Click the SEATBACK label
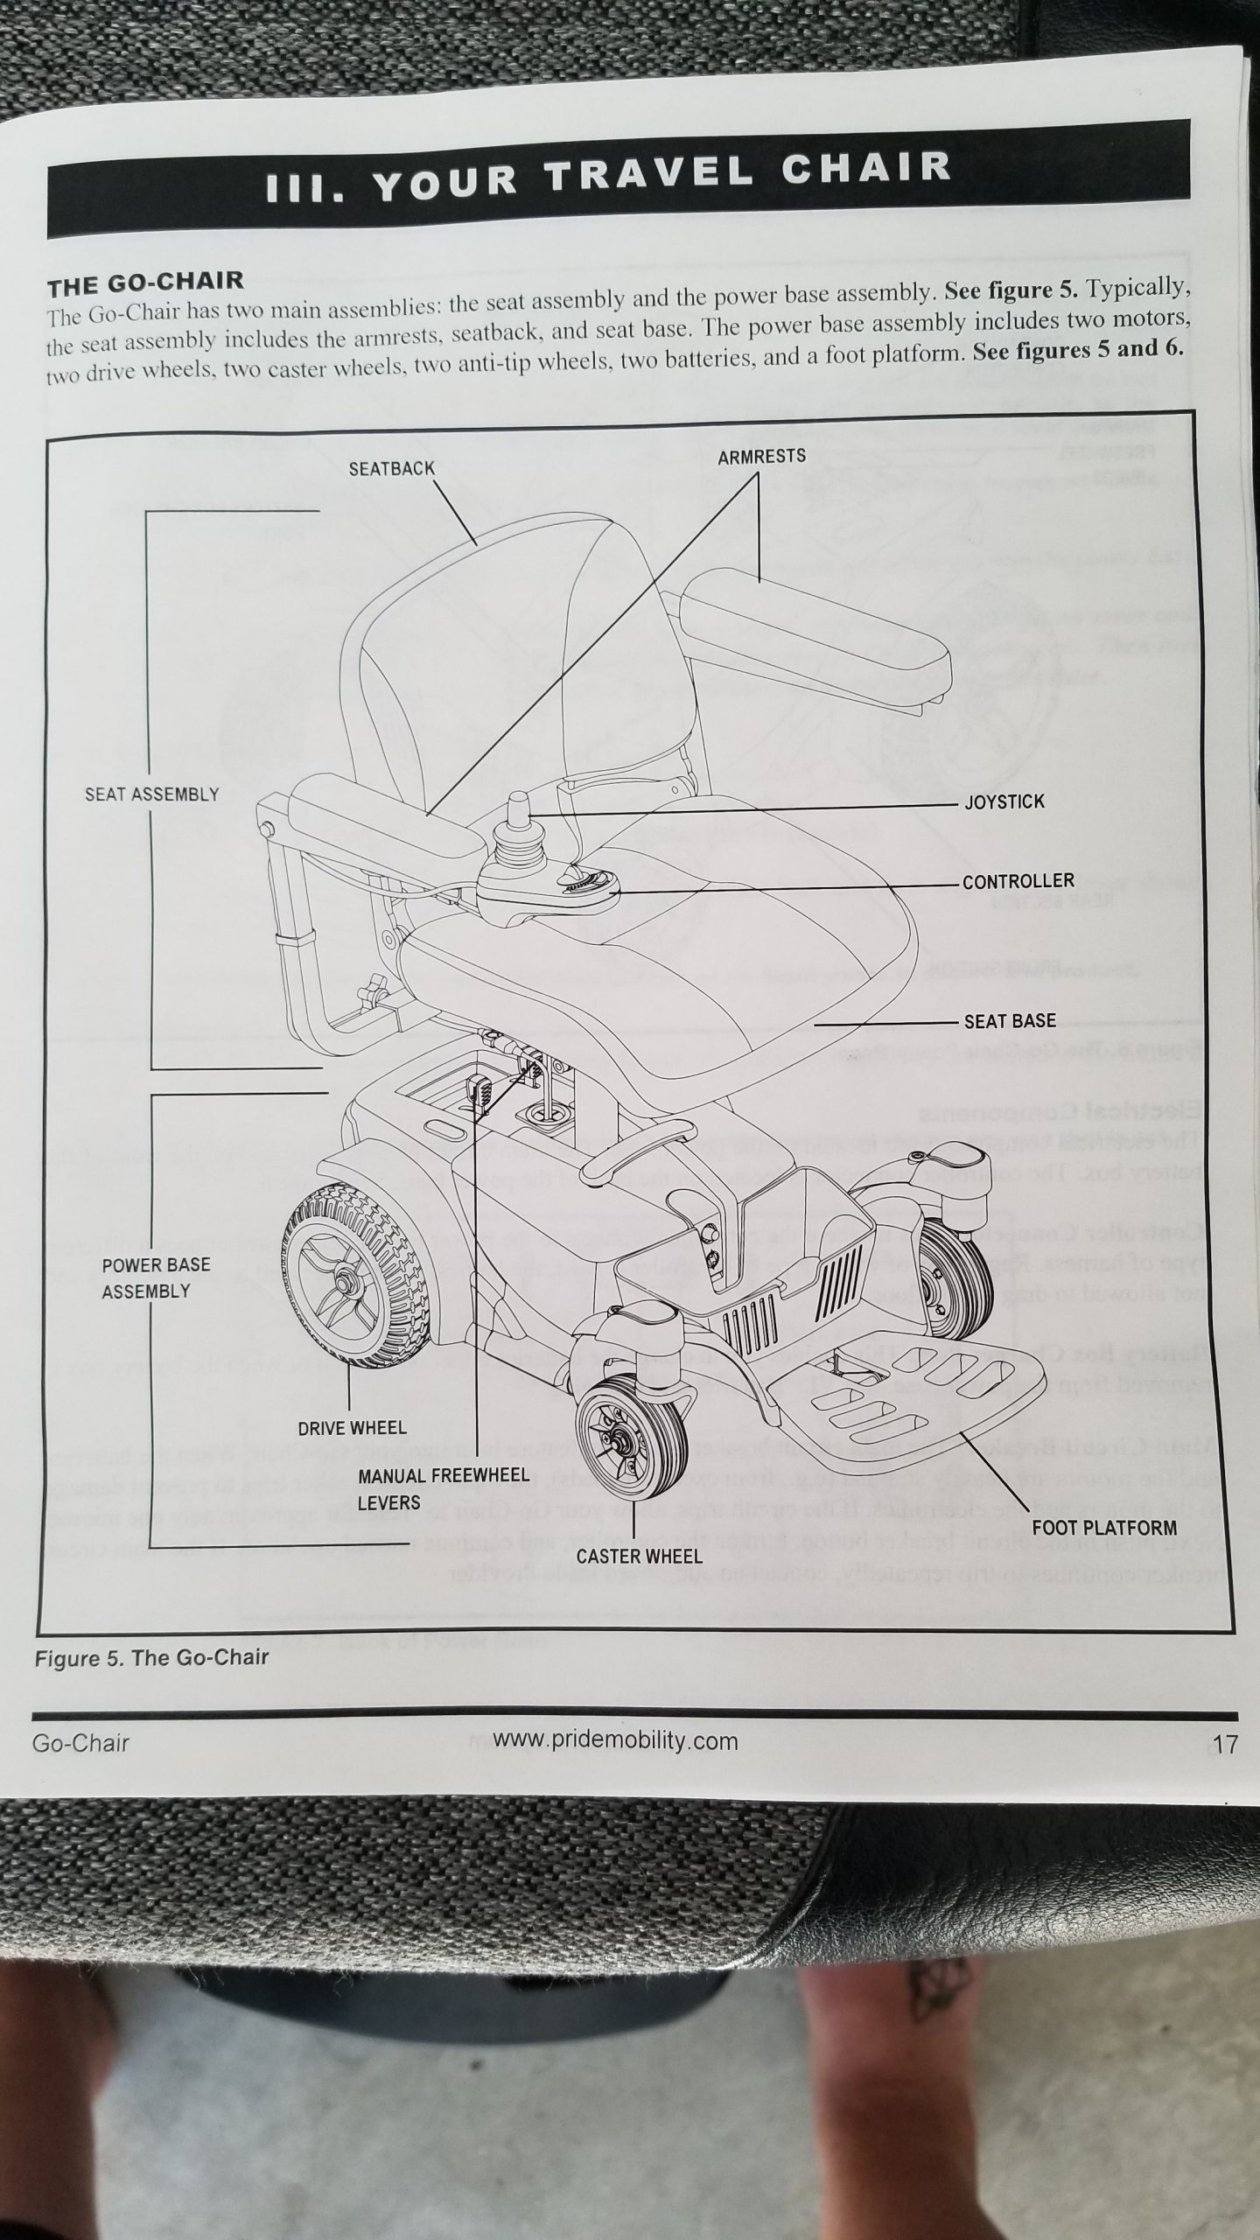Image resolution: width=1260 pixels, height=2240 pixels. [x=391, y=469]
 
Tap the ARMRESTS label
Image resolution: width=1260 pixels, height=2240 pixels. [x=761, y=457]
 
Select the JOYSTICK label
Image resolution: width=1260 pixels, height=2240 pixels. [x=1004, y=802]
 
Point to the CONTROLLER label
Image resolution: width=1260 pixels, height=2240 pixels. [x=1018, y=881]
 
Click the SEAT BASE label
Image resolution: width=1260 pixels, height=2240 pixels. [x=1010, y=1021]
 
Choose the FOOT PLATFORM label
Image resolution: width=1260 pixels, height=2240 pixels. [x=1104, y=1528]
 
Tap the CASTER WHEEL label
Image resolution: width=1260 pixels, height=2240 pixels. [x=639, y=1557]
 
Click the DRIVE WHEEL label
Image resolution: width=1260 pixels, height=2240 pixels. [x=352, y=1428]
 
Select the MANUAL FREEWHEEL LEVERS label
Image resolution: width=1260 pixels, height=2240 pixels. [x=444, y=1489]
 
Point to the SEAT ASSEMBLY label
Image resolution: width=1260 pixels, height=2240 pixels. [x=152, y=794]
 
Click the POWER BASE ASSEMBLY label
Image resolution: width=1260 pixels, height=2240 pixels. [x=157, y=1278]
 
